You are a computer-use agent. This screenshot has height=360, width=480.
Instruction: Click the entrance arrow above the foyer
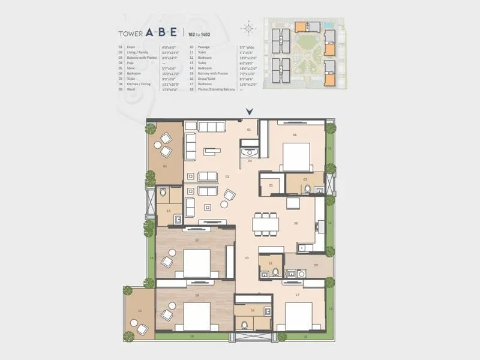(249, 111)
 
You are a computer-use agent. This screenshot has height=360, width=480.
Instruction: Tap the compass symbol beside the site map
(249, 28)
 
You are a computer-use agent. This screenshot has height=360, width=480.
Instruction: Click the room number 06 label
(295, 135)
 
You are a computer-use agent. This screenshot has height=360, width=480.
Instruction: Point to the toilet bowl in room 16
(244, 325)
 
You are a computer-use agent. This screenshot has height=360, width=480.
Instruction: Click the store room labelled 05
(271, 185)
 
